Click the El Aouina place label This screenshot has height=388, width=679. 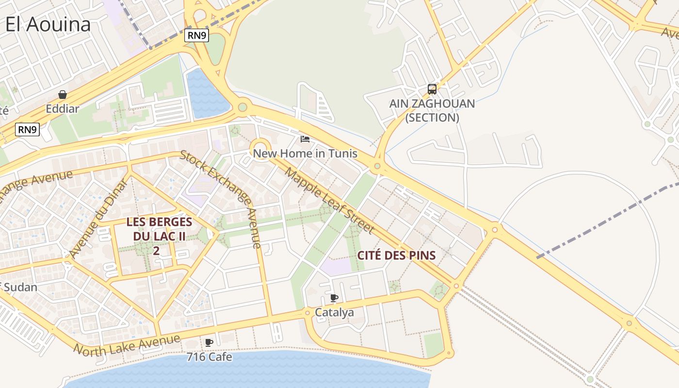(x=48, y=24)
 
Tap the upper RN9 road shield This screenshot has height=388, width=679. (x=196, y=35)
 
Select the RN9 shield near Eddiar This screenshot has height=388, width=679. (x=27, y=129)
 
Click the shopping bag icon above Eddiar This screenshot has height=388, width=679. (x=63, y=95)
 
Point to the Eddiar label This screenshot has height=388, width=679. (x=63, y=109)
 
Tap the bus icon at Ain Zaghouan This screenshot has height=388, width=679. (x=432, y=89)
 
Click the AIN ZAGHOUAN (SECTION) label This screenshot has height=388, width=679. (x=432, y=111)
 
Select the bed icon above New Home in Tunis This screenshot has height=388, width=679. (x=305, y=139)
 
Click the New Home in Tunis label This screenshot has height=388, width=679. (x=305, y=154)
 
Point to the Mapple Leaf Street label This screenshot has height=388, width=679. (x=330, y=200)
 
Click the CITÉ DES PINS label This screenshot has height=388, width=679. (x=396, y=255)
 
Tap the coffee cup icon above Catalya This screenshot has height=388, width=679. (x=334, y=298)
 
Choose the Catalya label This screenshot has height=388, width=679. (x=334, y=313)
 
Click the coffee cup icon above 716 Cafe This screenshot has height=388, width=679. (x=209, y=342)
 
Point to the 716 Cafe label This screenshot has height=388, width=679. (x=209, y=357)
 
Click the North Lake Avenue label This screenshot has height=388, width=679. (x=127, y=345)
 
